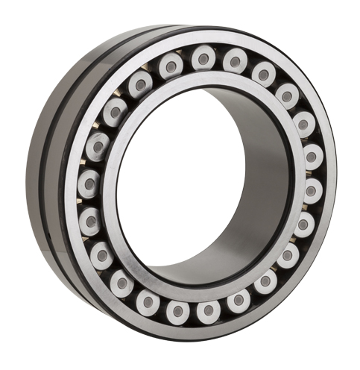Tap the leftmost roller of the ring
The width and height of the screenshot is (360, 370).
pyautogui.click(x=89, y=181)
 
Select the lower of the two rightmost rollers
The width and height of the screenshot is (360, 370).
pyautogui.click(x=312, y=191)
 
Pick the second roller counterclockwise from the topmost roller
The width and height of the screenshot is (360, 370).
pyautogui.click(x=141, y=84)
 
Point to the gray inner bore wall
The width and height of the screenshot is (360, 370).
pyautogui.click(x=261, y=186)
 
